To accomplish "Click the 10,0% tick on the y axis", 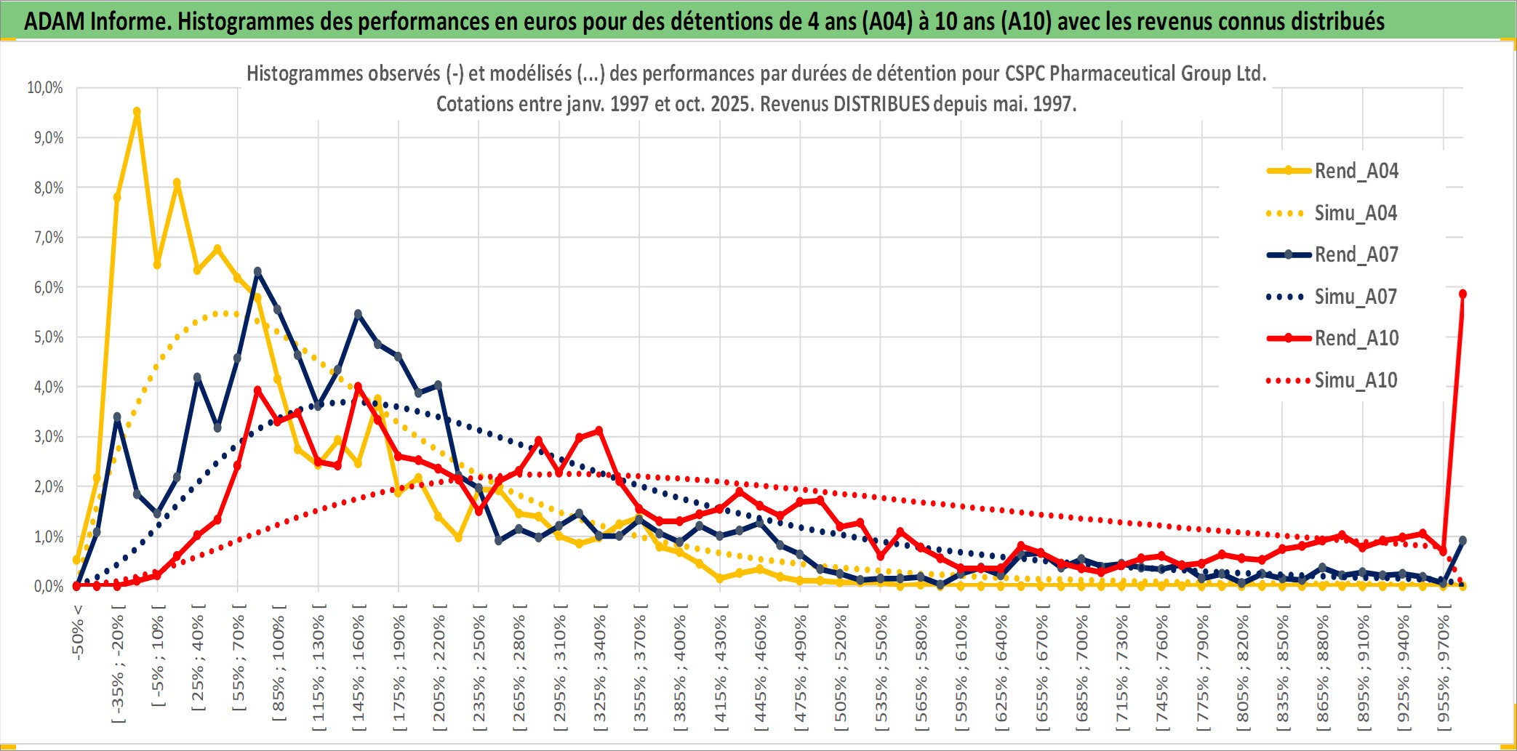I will (x=45, y=88).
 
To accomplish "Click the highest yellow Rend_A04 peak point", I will (x=137, y=111).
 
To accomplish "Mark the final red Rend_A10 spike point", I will (x=1462, y=294).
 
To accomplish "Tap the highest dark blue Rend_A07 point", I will (x=257, y=272).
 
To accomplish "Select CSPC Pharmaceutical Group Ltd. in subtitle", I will (x=1135, y=73).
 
